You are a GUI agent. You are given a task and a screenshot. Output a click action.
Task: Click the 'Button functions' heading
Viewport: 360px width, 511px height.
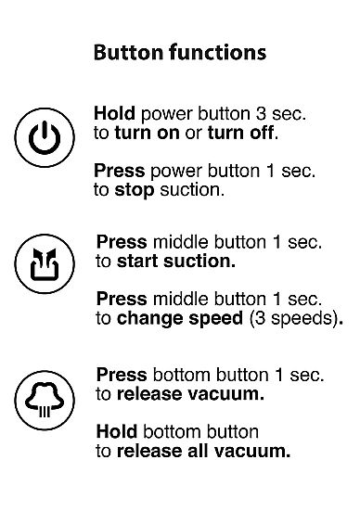tap(180, 52)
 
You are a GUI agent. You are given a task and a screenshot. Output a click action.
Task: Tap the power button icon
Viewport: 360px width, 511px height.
tap(45, 137)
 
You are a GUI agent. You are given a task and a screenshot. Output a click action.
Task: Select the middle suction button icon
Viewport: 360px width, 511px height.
tap(45, 263)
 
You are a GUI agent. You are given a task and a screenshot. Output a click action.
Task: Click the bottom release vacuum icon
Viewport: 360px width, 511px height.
tap(45, 401)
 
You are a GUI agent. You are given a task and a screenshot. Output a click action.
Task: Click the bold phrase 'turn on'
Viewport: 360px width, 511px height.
tap(148, 133)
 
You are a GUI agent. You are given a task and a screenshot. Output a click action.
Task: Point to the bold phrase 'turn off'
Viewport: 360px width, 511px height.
tap(240, 133)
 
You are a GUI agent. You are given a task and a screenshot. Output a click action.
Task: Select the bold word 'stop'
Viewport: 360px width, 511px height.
tap(135, 190)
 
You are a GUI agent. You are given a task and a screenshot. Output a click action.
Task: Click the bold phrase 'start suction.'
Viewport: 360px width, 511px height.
tap(176, 262)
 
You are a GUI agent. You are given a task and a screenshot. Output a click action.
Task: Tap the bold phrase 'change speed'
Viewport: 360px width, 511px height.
tap(180, 318)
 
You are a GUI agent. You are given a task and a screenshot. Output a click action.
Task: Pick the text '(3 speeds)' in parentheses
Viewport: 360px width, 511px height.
tap(293, 318)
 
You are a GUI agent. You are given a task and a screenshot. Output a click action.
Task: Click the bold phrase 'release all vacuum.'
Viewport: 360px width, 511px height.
tap(203, 451)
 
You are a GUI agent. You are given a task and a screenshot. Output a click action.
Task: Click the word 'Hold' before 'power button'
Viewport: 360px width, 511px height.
tap(114, 113)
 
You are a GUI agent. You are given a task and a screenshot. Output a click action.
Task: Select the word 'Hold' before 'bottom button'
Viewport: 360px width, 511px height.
tap(117, 432)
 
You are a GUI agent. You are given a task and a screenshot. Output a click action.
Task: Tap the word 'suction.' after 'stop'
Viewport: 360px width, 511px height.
tap(192, 190)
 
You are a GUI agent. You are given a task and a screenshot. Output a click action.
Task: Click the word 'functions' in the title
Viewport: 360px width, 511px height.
tap(217, 52)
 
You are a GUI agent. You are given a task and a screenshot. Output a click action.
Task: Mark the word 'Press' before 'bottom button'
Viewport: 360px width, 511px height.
tap(122, 375)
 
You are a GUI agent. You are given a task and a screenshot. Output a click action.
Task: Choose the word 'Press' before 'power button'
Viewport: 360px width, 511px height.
tap(120, 171)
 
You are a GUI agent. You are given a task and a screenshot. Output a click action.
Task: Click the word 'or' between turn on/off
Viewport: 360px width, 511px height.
tap(194, 134)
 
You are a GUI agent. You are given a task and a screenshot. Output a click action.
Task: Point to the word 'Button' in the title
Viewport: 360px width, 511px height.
tap(128, 52)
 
